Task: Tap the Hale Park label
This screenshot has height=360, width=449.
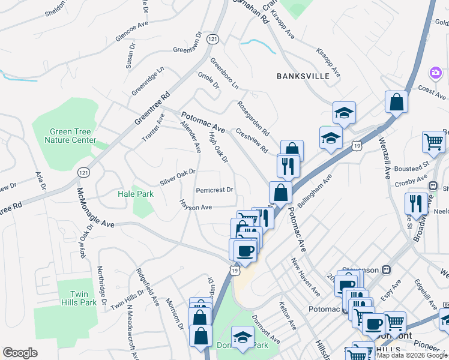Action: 136,194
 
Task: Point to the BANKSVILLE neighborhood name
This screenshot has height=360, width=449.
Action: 303,76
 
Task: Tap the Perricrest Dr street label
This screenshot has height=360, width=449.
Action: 214,190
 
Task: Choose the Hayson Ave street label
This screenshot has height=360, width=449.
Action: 194,207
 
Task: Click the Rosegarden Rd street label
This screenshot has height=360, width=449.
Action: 253,118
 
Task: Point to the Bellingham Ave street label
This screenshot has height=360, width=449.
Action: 319,190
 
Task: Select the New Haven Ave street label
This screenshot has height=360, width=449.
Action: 305,277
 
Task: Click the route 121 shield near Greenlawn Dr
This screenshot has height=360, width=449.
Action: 212,38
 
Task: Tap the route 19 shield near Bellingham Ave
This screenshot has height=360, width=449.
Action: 357,146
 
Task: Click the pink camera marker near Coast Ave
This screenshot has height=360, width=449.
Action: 435,73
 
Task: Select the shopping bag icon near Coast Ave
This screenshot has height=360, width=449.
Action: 397,101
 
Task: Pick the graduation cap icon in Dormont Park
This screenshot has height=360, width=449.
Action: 243,337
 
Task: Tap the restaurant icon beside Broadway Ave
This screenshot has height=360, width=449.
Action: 416,203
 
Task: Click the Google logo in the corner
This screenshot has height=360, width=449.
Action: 20,353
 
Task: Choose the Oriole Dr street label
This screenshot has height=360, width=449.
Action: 208,80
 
